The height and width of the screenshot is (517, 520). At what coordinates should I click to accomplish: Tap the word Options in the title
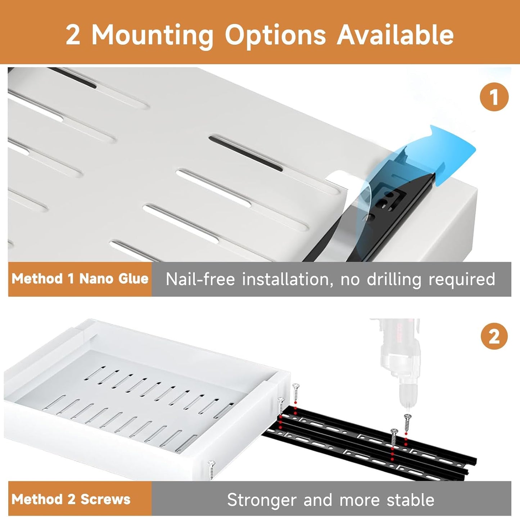pos(275,36)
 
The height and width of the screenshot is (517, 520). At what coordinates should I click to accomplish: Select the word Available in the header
pos(395,35)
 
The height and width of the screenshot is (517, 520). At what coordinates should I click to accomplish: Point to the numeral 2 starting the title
pos(73,36)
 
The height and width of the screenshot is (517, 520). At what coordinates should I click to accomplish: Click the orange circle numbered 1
pos(494,97)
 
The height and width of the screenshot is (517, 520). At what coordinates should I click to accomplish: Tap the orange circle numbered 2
pos(494,337)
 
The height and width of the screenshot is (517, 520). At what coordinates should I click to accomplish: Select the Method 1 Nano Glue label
pos(80,279)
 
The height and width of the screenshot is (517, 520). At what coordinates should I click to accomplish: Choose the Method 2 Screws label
pos(71,499)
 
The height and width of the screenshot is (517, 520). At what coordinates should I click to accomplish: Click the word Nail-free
pos(200,279)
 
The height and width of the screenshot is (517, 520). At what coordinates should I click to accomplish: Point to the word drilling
pos(394,279)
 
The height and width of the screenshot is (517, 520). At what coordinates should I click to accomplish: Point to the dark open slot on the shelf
pos(246,153)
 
